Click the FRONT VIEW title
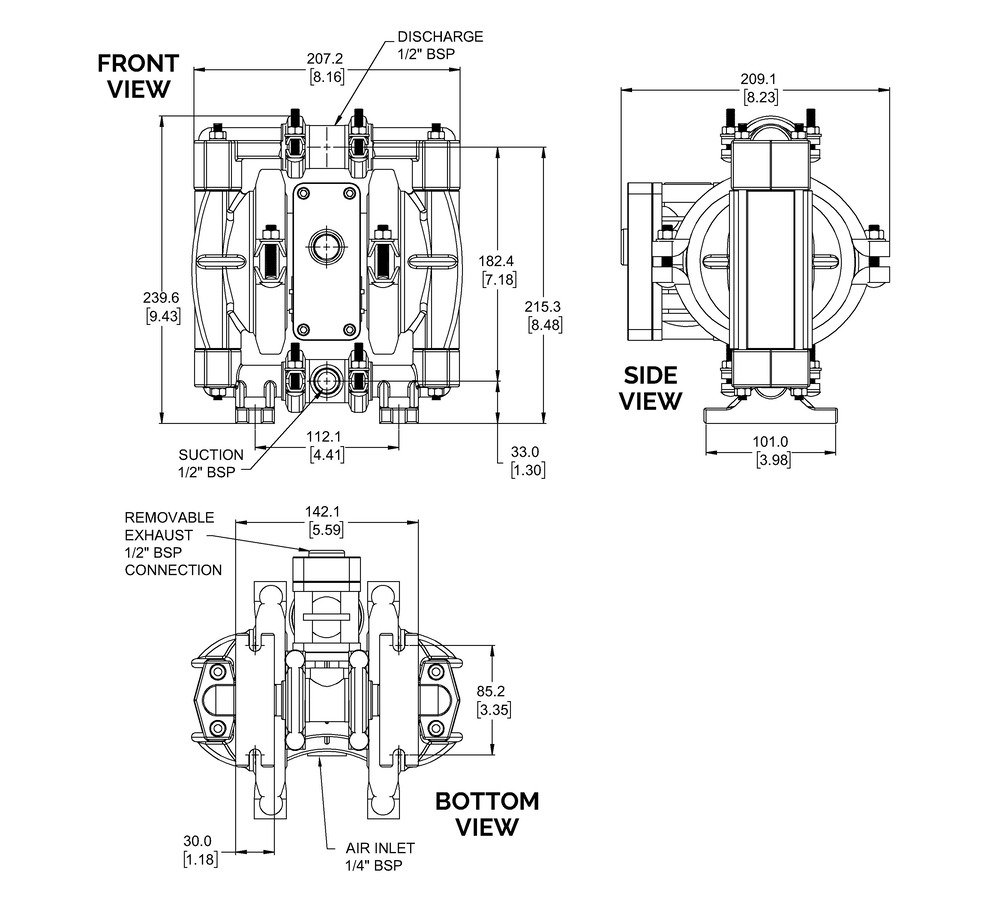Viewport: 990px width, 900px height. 138,76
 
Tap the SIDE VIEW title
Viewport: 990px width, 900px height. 650,388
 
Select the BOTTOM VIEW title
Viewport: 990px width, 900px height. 487,813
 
